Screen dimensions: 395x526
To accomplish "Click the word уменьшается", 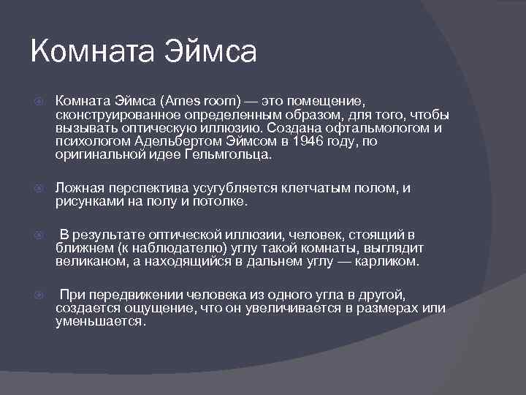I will pyautogui.click(x=100, y=320).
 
